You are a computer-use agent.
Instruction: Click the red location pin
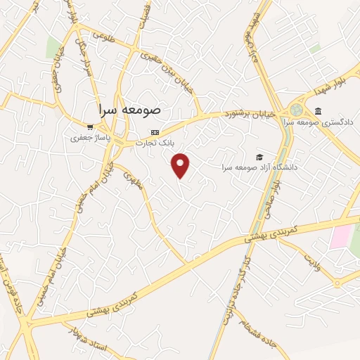click(181, 165)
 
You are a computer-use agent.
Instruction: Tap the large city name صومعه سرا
click(131, 110)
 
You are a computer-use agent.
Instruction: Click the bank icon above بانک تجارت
click(155, 132)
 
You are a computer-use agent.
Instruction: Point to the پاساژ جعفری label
click(86, 139)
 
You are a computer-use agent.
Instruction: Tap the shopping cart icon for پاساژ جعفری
click(90, 127)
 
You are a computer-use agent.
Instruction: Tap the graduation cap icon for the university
click(259, 156)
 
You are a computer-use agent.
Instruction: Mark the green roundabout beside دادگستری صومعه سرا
click(295, 111)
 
